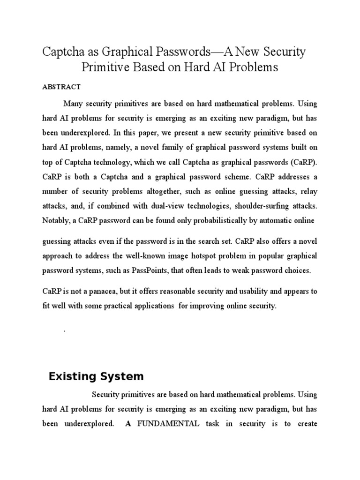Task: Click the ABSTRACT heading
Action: tap(61, 87)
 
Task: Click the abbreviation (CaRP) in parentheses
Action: tap(301, 162)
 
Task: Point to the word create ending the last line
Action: tap(304, 424)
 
